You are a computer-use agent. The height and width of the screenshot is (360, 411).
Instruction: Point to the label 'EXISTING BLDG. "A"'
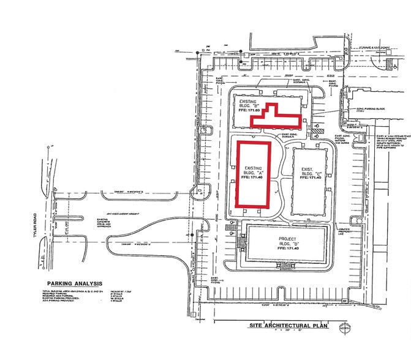click(x=253, y=171)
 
